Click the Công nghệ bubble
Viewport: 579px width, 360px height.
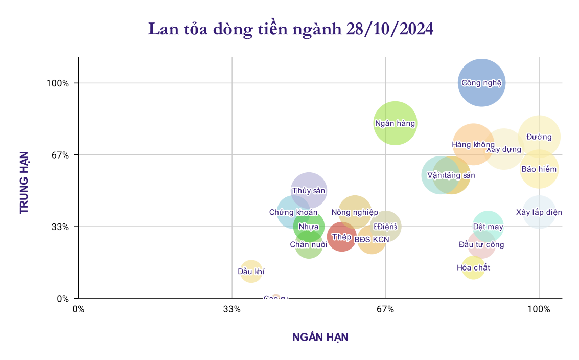(x=481, y=82)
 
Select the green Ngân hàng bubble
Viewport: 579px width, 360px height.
(x=395, y=123)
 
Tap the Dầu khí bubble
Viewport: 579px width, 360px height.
(x=251, y=272)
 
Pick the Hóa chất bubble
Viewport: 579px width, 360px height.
(x=473, y=267)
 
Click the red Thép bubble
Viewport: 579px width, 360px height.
(x=341, y=237)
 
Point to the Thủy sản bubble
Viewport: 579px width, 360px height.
(x=309, y=191)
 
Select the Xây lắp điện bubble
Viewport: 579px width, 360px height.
(x=539, y=212)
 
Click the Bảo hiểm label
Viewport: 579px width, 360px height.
(x=539, y=169)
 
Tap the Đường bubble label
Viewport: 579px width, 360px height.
(x=539, y=137)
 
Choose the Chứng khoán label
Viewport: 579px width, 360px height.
(x=293, y=212)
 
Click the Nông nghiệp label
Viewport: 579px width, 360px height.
(x=355, y=212)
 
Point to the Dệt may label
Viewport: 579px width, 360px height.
(x=488, y=227)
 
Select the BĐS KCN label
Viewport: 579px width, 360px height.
(x=372, y=239)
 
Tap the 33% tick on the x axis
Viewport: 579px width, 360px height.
(x=232, y=309)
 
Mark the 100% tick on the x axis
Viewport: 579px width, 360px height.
(x=539, y=309)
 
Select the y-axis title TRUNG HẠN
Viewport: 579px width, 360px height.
(x=24, y=182)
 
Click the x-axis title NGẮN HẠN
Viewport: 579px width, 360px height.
(x=320, y=337)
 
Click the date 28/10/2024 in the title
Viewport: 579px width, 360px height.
(x=389, y=29)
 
